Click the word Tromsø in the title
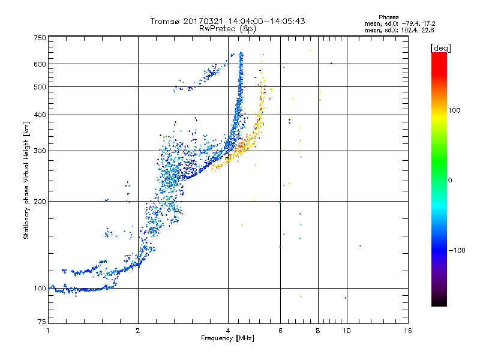pyautogui.click(x=165, y=21)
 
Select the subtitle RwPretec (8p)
pyautogui.click(x=228, y=28)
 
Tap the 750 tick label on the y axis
pyautogui.click(x=40, y=38)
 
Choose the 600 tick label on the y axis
pyautogui.click(x=40, y=64)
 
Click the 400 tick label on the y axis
pyautogui.click(x=40, y=115)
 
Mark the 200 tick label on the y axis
pyautogui.click(x=40, y=202)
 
